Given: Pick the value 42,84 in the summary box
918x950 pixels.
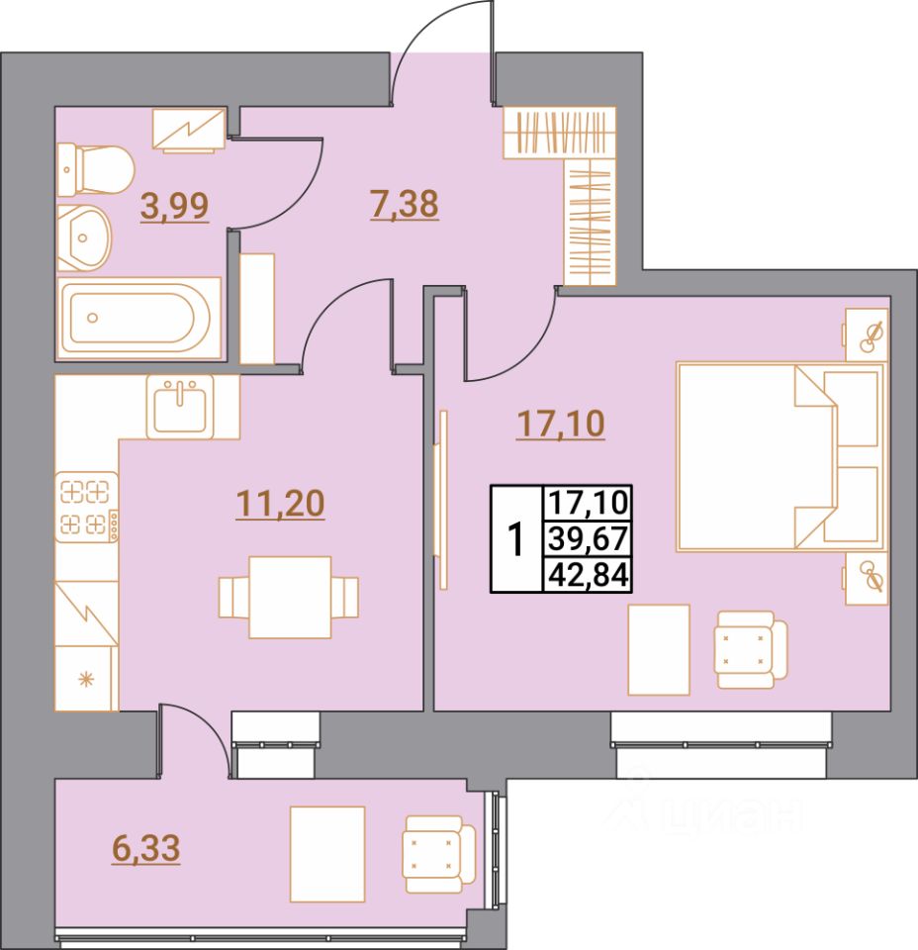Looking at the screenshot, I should pos(590,574).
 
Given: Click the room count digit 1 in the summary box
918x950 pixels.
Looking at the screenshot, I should pos(515,539).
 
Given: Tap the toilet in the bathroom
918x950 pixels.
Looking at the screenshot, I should pos(95,170).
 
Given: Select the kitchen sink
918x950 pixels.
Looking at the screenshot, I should pos(178,406).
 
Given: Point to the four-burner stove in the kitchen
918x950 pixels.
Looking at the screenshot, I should pos(86,507).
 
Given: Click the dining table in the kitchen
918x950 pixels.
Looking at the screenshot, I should pos(289,597).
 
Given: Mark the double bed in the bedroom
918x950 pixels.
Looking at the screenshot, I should pos(779,456).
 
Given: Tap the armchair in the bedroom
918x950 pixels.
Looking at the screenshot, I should pos(749,649).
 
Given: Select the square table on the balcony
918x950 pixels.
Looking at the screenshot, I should pos(326,853).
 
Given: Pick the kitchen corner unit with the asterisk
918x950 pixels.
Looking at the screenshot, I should pos(87,678).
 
